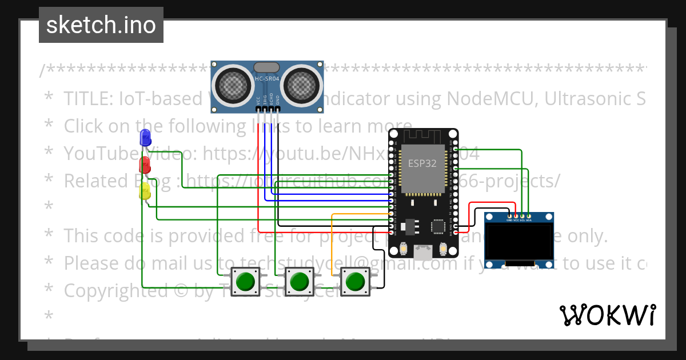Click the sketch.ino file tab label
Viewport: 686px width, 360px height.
tap(101, 25)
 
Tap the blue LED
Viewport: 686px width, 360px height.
tap(145, 138)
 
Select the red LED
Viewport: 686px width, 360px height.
tap(145, 165)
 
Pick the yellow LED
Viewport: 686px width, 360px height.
tap(145, 191)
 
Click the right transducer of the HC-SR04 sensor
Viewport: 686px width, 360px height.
tap(302, 86)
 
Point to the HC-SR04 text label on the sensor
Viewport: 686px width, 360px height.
tap(266, 79)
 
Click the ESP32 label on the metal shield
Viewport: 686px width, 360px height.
tap(422, 163)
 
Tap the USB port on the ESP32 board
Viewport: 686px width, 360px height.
tap(423, 252)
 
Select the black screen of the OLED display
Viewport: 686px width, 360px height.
tap(519, 241)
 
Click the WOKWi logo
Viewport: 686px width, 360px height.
tap(607, 315)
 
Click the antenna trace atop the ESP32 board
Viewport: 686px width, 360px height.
tap(423, 137)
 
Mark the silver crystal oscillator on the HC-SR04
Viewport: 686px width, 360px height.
tap(266, 67)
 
